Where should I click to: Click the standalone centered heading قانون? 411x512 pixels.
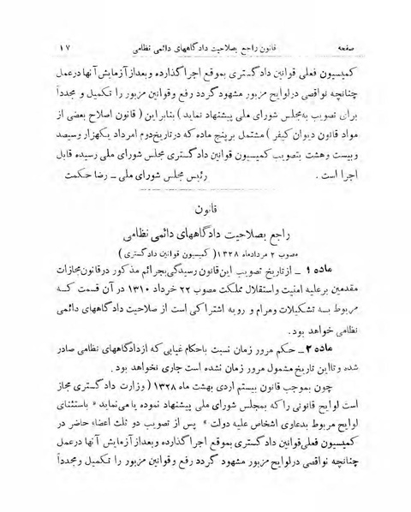click(x=205, y=205)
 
